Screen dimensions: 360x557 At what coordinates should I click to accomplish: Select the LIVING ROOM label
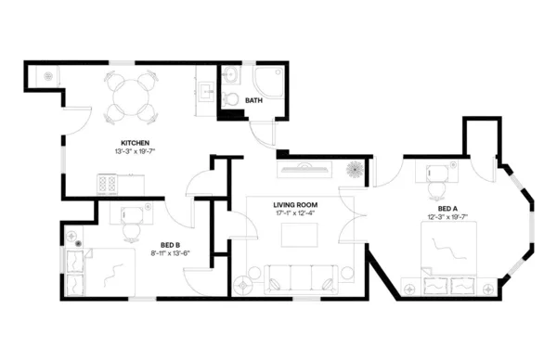point(295,205)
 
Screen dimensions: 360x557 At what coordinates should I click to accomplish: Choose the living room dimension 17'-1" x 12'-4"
point(295,213)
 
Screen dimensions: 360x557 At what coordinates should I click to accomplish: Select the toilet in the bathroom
point(230,98)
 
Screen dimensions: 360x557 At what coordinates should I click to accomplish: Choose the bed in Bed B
point(106,270)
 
